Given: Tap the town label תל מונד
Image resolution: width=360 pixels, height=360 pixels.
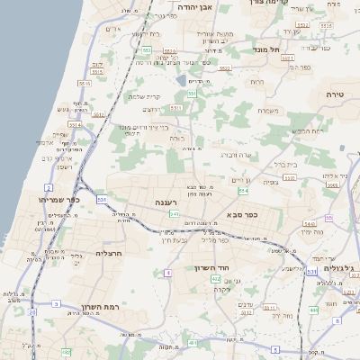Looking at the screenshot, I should pyautogui.click(x=268, y=49).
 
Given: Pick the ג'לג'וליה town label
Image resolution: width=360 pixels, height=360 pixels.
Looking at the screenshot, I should pyautogui.click(x=339, y=268).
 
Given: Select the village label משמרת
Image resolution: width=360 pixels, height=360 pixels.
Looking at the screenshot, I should pyautogui.click(x=267, y=111).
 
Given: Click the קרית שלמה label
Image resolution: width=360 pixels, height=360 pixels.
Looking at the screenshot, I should pyautogui.click(x=144, y=96).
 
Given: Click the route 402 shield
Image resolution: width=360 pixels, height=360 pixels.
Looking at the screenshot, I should pyautogui.click(x=216, y=280).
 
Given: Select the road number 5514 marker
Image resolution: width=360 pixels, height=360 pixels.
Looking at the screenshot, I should pyautogui.click(x=75, y=124).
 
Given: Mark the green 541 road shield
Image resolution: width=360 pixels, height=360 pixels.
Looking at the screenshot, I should pyautogui.click(x=174, y=213).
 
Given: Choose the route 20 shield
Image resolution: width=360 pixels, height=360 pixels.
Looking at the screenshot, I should pyautogui.click(x=32, y=312).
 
